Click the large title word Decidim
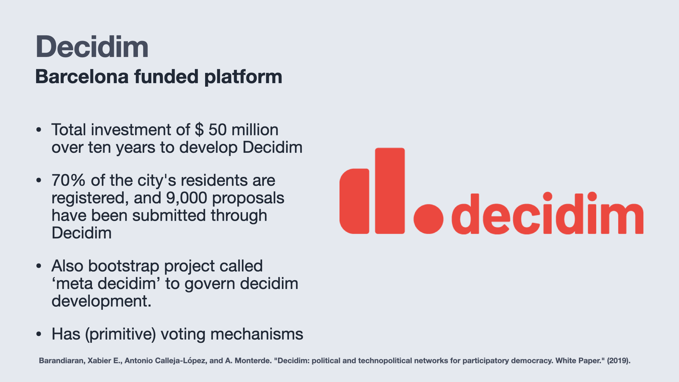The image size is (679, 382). coord(92,47)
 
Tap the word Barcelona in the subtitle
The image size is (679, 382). coord(82,76)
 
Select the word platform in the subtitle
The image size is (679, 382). coord(243,77)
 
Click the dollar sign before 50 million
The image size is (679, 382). coord(199,129)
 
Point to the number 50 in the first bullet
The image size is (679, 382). coord(217,130)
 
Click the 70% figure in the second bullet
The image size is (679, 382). coord(69,180)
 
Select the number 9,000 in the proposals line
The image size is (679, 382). coord(187,198)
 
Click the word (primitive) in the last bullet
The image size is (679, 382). coord(120,334)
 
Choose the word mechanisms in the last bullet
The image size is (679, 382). coord(257,334)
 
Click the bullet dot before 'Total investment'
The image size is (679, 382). coord(39,130)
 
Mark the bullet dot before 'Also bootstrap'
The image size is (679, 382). coord(39,266)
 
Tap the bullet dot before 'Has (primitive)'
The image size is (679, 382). coord(39,334)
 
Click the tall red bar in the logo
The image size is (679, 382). coord(390,191)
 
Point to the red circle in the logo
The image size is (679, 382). coord(428,219)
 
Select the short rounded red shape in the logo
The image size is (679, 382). coord(354,201)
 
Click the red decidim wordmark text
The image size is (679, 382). coord(547,213)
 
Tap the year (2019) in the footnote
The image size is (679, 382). coord(619,361)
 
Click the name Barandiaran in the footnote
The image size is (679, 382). coord(62,361)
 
